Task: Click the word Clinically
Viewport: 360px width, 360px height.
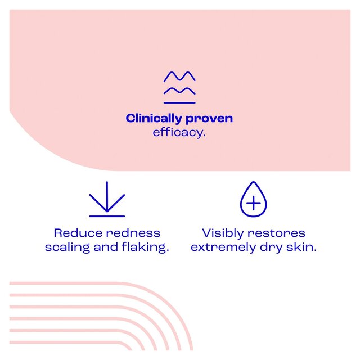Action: (x=154, y=119)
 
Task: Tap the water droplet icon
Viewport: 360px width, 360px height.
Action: (x=254, y=200)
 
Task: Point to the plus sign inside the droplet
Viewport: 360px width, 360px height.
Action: (x=254, y=203)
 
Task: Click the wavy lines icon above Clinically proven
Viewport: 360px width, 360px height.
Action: (x=179, y=87)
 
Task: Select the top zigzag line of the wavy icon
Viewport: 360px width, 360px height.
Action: (x=179, y=76)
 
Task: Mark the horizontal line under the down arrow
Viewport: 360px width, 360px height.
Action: (x=107, y=216)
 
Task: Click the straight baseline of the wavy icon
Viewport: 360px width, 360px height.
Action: (x=179, y=102)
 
